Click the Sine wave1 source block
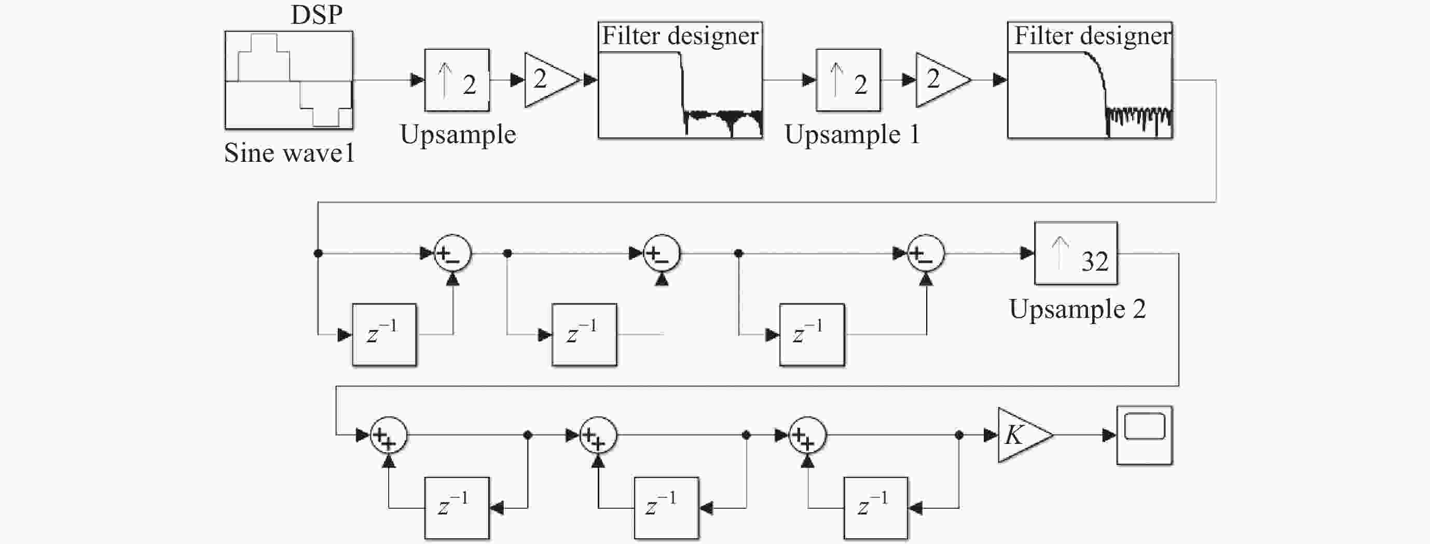click(x=288, y=80)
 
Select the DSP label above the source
click(x=317, y=15)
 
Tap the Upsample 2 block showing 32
click(x=1076, y=253)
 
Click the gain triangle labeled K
click(x=1025, y=435)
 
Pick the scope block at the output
click(x=1145, y=435)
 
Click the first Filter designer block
click(x=680, y=80)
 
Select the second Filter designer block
click(x=1090, y=80)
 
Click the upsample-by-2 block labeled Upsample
click(x=457, y=80)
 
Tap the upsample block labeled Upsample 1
click(x=848, y=80)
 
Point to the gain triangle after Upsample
click(x=551, y=80)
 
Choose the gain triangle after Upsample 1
click(x=943, y=80)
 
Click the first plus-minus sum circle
click(x=452, y=254)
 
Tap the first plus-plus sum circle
click(x=389, y=435)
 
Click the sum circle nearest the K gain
click(x=808, y=435)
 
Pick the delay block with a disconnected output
click(x=584, y=334)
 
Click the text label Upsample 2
click(x=1078, y=309)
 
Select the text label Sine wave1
click(x=289, y=153)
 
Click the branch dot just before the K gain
click(x=959, y=435)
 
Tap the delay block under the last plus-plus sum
click(x=876, y=508)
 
